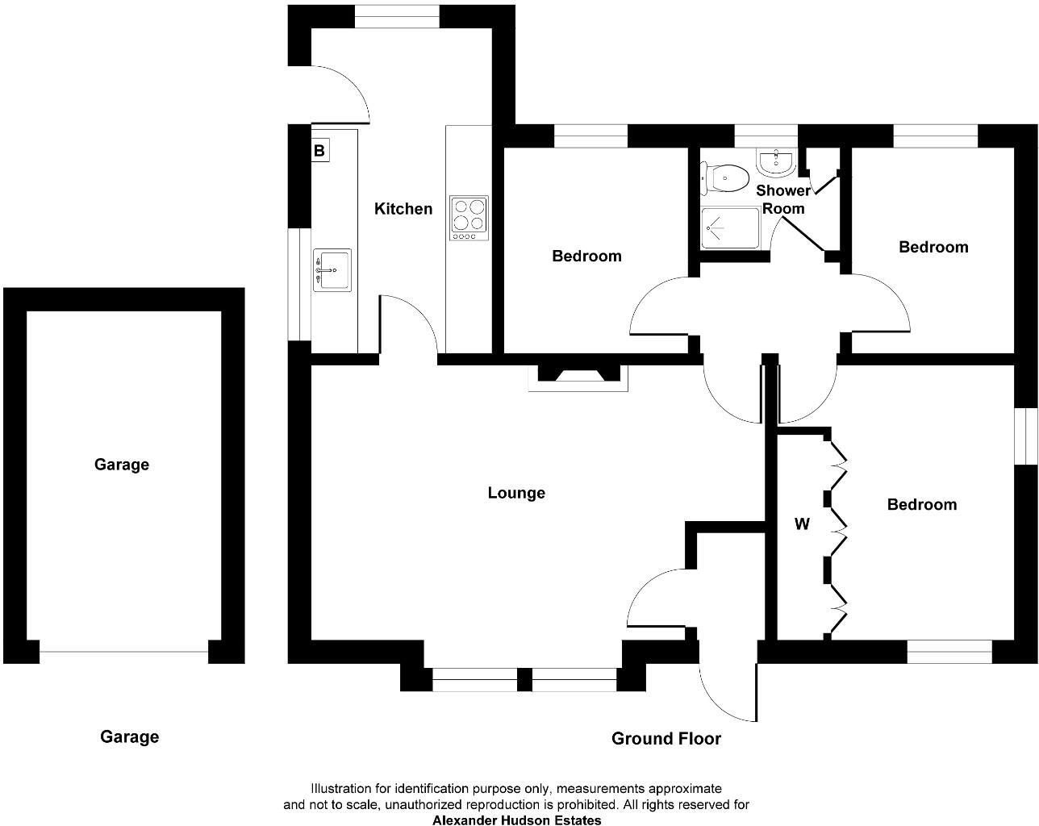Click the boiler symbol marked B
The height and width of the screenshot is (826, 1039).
point(319,150)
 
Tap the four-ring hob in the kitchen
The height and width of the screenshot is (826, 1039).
point(469,218)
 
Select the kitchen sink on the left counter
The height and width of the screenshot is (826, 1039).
point(332,269)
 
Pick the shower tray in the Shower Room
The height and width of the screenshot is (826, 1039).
point(731,228)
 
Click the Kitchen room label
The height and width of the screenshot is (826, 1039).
point(403,209)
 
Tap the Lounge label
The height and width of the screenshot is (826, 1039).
point(516,493)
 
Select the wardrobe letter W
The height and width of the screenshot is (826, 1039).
point(802,524)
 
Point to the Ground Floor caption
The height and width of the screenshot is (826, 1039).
point(666,738)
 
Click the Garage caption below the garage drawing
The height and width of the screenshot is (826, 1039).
point(129,736)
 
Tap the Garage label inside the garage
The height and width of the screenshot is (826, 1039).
point(122,465)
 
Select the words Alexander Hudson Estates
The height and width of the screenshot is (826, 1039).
point(516,820)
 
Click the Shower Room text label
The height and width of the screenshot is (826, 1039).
point(782,199)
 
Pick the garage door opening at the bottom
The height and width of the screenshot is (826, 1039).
point(123,652)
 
